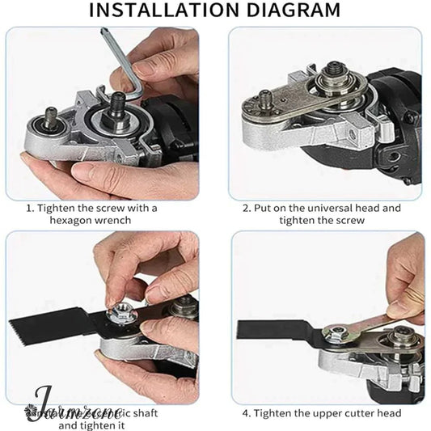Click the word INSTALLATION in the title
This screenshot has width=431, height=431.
click(158, 11)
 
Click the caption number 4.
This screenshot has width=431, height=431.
click(246, 413)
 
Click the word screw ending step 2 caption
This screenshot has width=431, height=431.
click(349, 220)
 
